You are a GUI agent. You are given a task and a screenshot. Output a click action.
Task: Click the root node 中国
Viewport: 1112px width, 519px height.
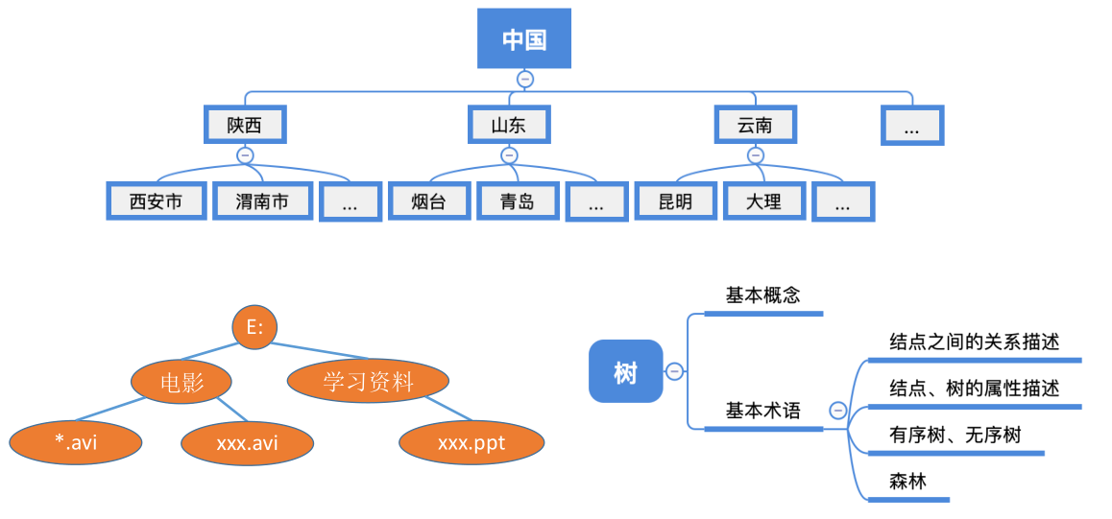(524, 39)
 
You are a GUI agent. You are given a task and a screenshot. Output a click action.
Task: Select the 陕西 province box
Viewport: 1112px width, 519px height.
(244, 125)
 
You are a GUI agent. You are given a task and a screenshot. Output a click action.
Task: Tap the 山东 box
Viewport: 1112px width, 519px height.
(509, 125)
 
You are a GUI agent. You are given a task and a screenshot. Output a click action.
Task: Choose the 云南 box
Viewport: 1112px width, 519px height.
(755, 125)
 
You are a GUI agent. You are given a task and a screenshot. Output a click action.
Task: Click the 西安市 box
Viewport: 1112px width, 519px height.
(156, 201)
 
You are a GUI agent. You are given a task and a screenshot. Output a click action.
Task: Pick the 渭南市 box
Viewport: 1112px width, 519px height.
(261, 201)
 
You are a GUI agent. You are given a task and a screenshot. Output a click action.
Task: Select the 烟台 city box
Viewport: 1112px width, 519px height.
(428, 201)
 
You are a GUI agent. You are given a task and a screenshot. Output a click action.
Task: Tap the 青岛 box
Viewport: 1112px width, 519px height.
(517, 201)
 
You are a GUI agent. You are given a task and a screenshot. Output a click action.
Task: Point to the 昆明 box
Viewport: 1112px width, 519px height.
(675, 201)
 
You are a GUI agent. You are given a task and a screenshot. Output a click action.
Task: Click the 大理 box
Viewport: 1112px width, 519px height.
(763, 201)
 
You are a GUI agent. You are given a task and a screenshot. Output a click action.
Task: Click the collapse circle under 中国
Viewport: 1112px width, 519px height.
(524, 79)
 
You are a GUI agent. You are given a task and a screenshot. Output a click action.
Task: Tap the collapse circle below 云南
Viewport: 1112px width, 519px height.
(756, 154)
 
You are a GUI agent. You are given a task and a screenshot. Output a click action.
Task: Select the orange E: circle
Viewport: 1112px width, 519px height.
(254, 328)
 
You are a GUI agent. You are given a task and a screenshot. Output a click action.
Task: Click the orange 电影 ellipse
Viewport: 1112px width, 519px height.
(182, 382)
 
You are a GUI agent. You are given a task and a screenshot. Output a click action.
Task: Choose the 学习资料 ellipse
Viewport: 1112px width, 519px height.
(368, 382)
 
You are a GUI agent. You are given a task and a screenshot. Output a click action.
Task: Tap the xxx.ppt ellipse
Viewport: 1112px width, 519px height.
(471, 442)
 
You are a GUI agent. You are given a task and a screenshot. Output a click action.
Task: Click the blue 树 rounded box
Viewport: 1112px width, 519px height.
(625, 371)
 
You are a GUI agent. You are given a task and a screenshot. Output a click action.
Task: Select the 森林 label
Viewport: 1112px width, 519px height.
(907, 482)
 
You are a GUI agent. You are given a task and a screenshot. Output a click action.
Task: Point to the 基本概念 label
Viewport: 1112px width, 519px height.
(762, 295)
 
